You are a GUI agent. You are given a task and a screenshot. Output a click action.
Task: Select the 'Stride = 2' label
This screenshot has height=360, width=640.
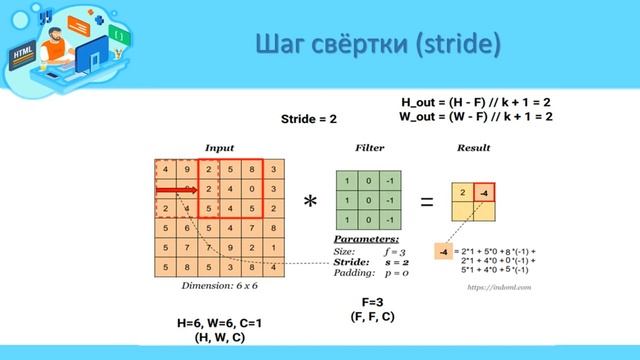coord(308,119)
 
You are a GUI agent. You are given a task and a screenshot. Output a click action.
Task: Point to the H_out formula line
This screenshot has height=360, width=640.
coord(476,102)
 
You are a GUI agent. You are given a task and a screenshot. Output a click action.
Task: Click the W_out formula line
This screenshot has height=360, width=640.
coord(476,116)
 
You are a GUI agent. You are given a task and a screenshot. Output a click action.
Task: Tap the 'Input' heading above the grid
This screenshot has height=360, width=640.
coord(219,148)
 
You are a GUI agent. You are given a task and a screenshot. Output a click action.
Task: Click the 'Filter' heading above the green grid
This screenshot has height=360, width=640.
coord(369,148)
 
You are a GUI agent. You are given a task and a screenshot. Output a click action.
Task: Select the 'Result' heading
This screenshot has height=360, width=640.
coord(474,148)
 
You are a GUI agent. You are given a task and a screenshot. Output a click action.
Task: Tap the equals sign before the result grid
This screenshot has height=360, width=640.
coord(427,201)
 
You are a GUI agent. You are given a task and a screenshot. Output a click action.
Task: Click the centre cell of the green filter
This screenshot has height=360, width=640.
coord(370,198)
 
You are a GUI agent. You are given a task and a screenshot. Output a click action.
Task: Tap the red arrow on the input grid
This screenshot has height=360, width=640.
coord(176,189)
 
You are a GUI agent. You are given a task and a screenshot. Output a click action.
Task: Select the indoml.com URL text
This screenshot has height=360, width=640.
coord(497,285)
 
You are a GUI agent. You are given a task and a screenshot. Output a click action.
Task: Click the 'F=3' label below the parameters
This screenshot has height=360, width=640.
coord(373,301)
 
